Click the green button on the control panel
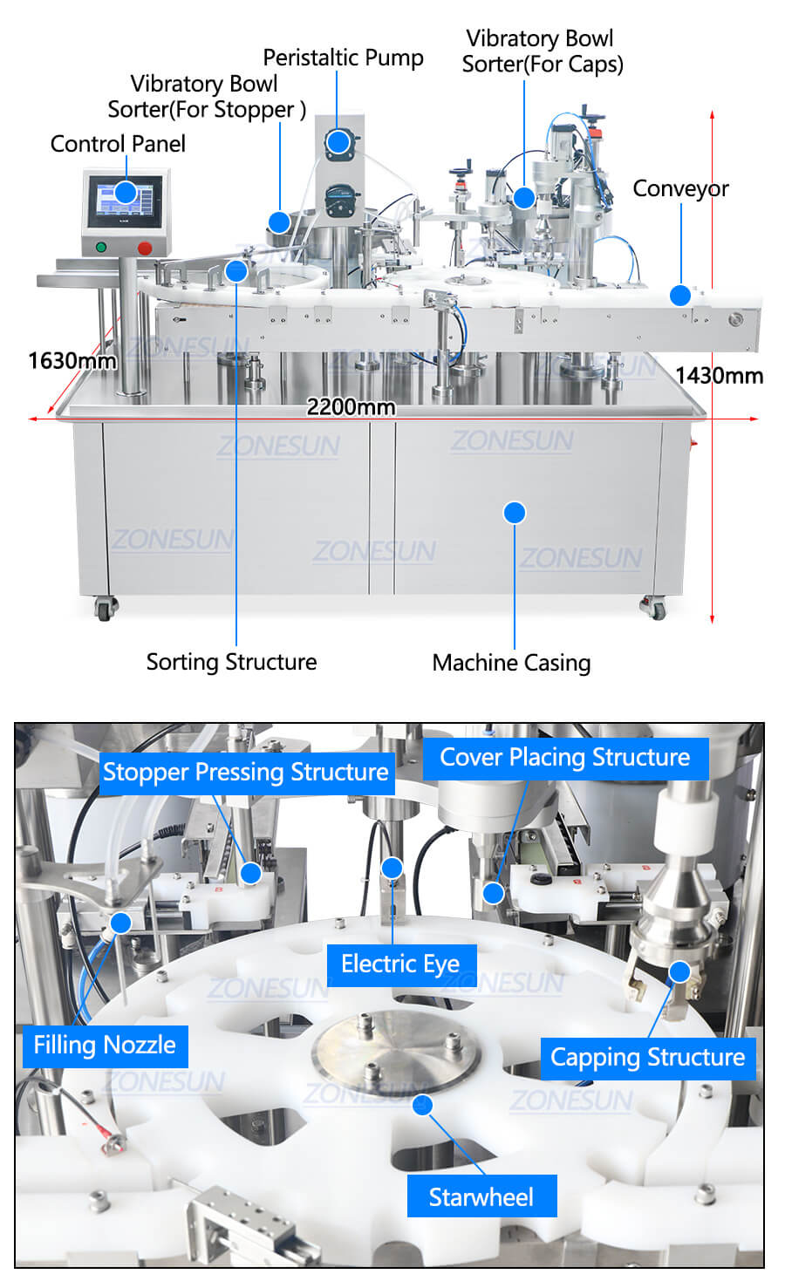(101, 247)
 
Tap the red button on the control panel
(145, 249)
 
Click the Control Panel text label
(118, 144)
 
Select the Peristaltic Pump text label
(344, 58)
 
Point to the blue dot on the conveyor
(679, 295)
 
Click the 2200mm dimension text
(351, 406)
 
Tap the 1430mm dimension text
(720, 376)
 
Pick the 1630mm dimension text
(72, 360)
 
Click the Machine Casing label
(511, 663)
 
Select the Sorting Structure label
(232, 662)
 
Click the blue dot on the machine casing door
(515, 513)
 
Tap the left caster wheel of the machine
(105, 608)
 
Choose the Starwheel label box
(481, 1196)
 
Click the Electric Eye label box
(401, 965)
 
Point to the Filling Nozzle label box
(106, 1046)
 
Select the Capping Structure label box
(648, 1058)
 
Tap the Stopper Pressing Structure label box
(246, 773)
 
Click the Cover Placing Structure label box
(565, 758)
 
